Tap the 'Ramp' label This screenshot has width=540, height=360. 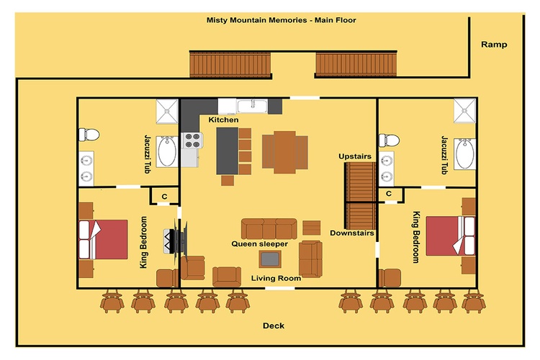[494, 45]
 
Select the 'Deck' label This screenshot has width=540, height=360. [273, 326]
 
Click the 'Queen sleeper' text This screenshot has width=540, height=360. [259, 244]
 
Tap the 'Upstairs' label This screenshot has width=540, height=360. [355, 156]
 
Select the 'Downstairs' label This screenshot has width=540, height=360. [352, 233]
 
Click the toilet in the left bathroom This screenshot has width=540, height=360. [89, 133]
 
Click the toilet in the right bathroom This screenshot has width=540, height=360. [390, 138]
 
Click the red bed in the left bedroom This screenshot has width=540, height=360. [103, 239]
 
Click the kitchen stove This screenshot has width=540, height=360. [191, 140]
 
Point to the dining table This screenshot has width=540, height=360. [284, 150]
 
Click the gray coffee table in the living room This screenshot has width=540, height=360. [271, 258]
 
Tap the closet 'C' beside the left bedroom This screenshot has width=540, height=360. [164, 196]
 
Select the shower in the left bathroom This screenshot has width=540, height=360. [168, 109]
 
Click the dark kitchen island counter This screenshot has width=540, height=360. [227, 150]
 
